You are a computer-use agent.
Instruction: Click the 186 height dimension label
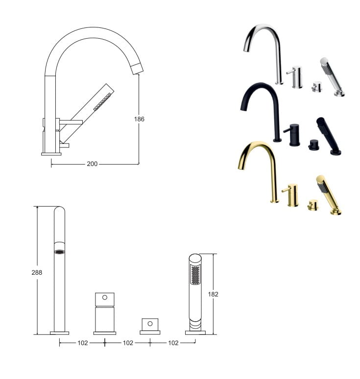pos(139,119)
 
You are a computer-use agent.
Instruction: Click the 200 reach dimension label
pos(92,164)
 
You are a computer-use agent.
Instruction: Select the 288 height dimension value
pos(37,272)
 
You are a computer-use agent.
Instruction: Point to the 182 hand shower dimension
pos(213,294)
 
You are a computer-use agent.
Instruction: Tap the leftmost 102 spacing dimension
pos(82,343)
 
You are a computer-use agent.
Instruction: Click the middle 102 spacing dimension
pos(128,343)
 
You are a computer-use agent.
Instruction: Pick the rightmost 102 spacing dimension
pos(173,343)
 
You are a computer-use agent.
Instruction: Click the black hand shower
pos(328,136)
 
